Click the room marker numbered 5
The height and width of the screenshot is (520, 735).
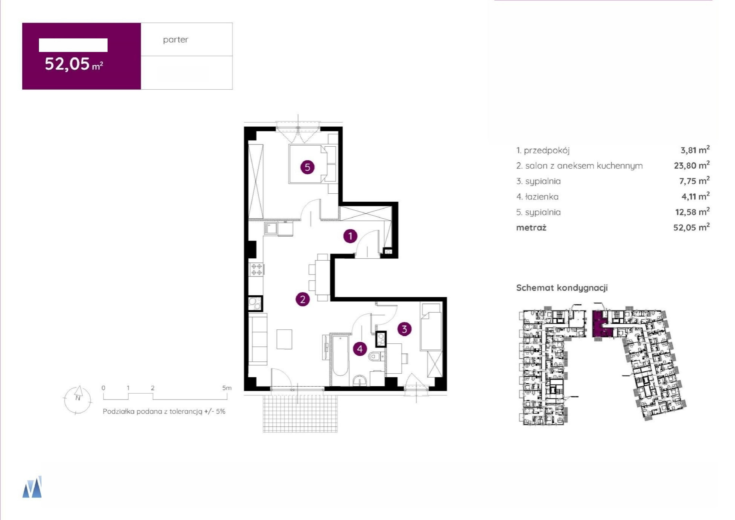click(x=307, y=167)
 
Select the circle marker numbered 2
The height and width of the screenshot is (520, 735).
click(x=302, y=299)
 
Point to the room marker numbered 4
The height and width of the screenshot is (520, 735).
click(x=360, y=349)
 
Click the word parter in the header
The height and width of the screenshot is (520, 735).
click(x=176, y=40)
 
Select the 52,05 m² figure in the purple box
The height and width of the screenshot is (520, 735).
click(x=74, y=64)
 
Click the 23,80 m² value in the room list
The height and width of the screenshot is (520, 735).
click(x=692, y=165)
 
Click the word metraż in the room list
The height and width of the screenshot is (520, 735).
click(x=531, y=228)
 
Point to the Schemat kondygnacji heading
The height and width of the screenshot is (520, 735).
click(x=562, y=288)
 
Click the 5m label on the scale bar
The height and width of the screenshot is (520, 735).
click(x=227, y=388)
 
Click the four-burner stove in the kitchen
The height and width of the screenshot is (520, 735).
click(x=256, y=269)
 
